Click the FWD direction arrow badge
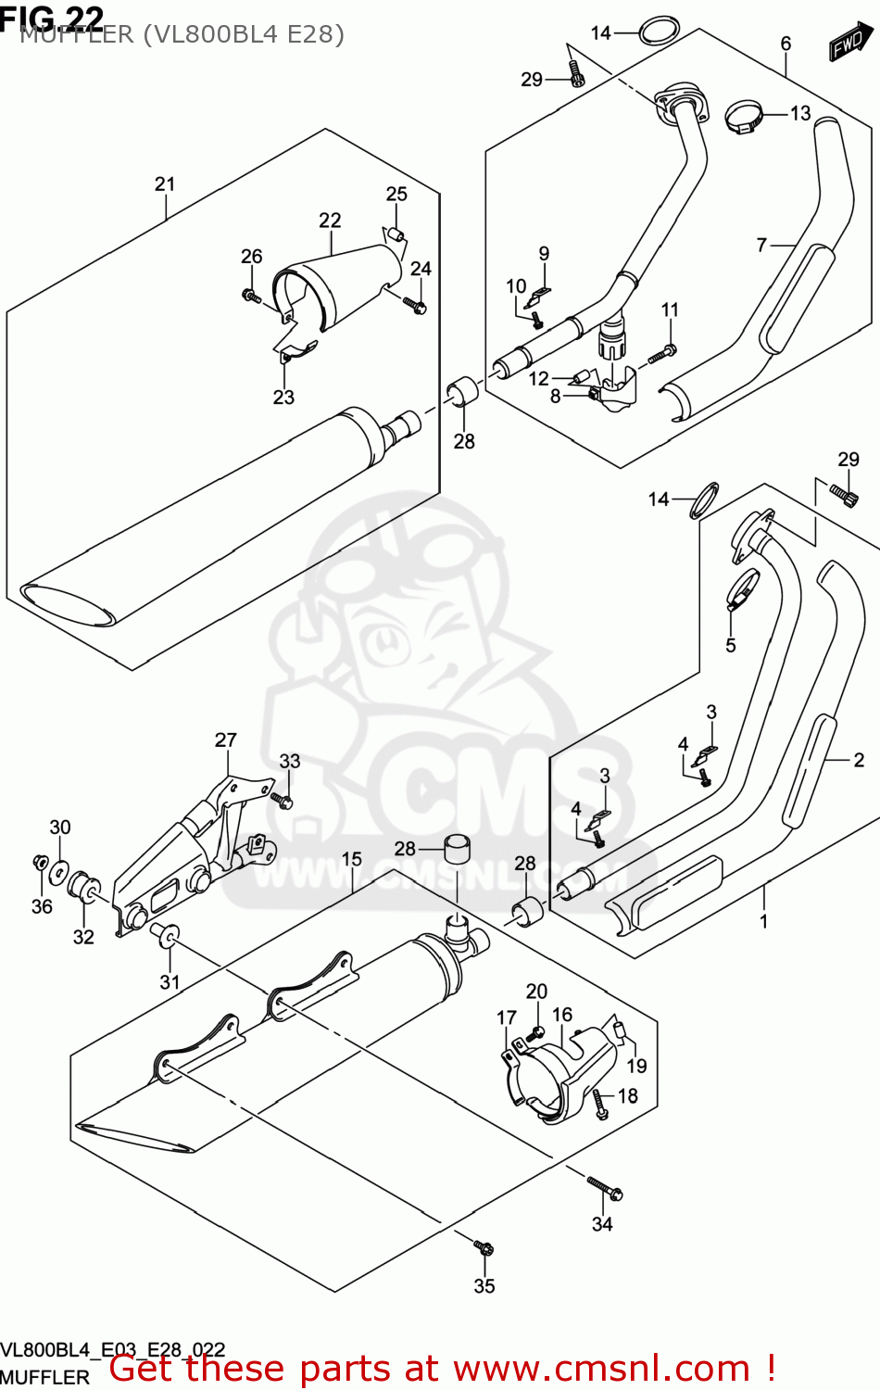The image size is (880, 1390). point(850,44)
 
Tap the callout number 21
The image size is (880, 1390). point(165,184)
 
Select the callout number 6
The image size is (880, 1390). point(786,44)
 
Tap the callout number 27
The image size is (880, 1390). point(226,739)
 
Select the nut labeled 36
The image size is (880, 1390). point(40,863)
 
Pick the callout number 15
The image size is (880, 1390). point(352,859)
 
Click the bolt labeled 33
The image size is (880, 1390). point(283,798)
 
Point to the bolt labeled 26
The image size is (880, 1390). point(250,296)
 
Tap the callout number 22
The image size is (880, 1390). point(330,221)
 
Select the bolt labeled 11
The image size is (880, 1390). point(663,352)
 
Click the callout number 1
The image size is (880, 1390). point(764,921)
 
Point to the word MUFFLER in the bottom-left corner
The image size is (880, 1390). point(45,1377)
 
